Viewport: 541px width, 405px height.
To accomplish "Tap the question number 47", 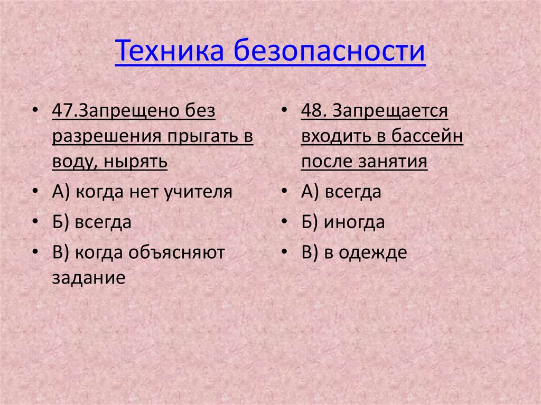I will [62, 112].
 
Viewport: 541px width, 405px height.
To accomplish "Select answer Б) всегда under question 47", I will [91, 222].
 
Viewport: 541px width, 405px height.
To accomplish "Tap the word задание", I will [88, 277].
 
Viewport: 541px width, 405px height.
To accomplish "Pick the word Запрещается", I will [391, 112].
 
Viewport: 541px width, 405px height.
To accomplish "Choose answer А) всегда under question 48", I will [341, 192].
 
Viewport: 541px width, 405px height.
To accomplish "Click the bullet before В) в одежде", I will [285, 252].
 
